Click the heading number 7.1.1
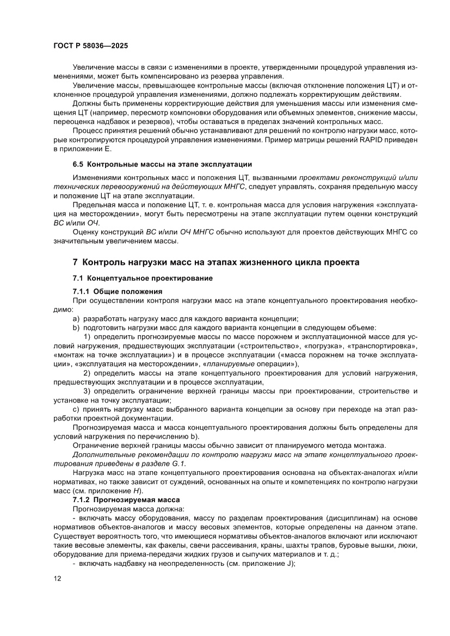click(83, 291)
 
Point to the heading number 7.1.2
click(83, 499)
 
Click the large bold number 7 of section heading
click(76, 262)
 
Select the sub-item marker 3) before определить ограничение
click(86, 391)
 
